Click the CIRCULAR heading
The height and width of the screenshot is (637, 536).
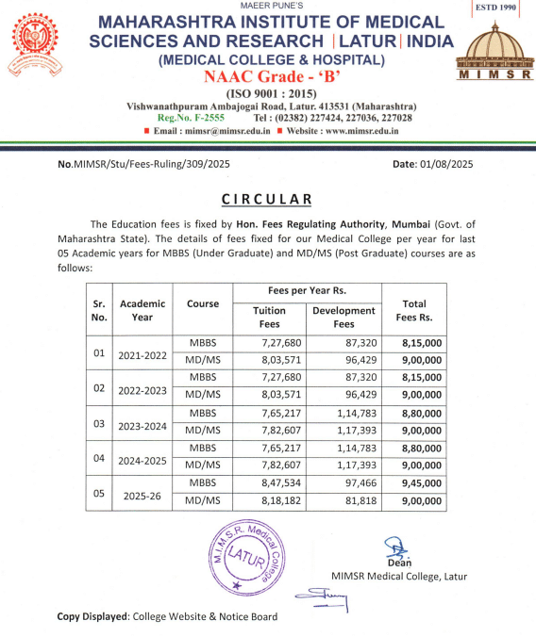click(x=267, y=200)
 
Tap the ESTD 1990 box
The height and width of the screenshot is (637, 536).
click(x=496, y=8)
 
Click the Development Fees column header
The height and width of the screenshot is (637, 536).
click(x=343, y=318)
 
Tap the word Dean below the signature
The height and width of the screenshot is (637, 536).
click(x=396, y=563)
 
